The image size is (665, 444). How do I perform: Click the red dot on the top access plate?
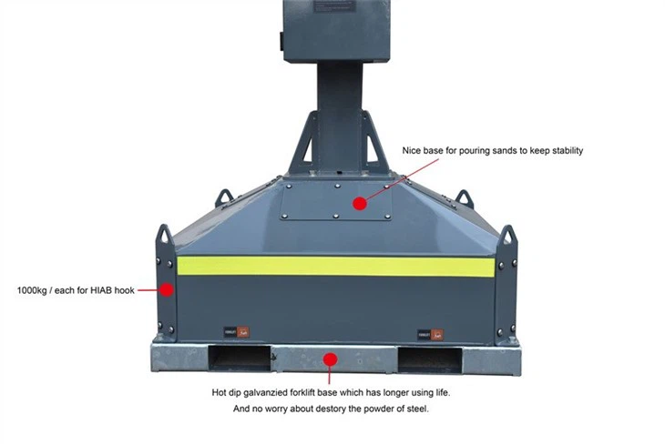tap(360, 203)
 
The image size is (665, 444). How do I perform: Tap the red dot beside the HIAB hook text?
tap(167, 290)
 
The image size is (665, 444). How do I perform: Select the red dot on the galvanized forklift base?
tap(331, 359)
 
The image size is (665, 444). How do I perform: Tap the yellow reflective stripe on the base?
tap(335, 266)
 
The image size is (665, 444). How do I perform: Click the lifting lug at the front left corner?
tap(165, 238)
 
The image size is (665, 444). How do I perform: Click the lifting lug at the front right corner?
tap(507, 239)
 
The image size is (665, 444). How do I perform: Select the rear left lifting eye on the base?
tap(223, 197)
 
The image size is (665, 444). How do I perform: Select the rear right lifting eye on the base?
tap(465, 198)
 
